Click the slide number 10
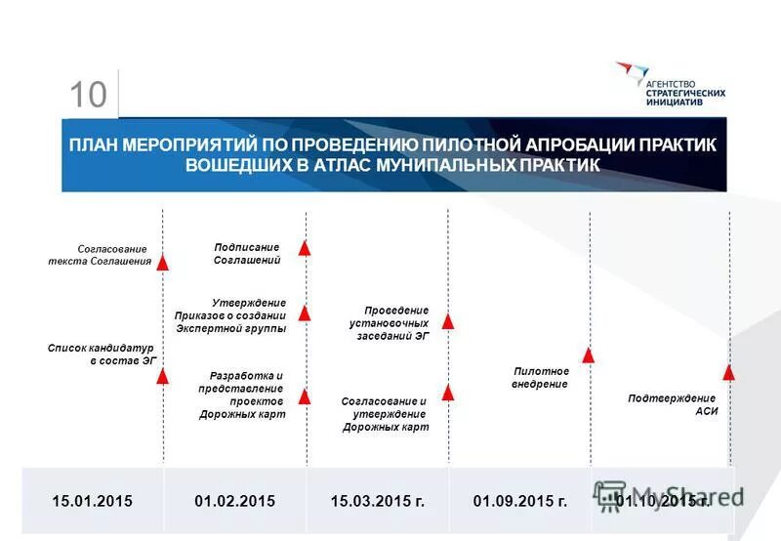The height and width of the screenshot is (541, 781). point(88,95)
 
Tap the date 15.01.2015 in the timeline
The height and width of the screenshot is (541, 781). point(92,501)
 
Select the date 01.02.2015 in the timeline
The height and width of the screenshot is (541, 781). point(234,501)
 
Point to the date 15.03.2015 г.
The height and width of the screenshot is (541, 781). point(377,501)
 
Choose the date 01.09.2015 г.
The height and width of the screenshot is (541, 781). point(519,501)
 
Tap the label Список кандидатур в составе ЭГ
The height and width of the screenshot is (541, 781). point(102,354)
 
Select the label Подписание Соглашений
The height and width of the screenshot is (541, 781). point(247,254)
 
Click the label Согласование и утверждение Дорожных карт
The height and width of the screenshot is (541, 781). point(385,414)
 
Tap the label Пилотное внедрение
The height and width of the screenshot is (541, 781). point(540,378)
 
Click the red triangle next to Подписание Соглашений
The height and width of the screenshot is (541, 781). point(305,248)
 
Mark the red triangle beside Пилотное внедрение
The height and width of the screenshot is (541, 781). point(589,355)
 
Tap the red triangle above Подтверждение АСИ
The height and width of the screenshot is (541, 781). point(728,371)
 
